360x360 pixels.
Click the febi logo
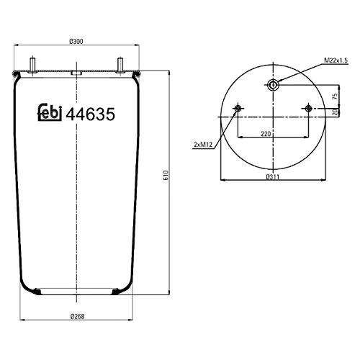coord(49,113)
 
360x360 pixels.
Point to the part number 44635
coord(91,113)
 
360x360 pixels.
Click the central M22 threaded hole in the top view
coord(274,86)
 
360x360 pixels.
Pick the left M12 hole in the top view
coord(238,109)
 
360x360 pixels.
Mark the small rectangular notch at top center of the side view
coord(76,73)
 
